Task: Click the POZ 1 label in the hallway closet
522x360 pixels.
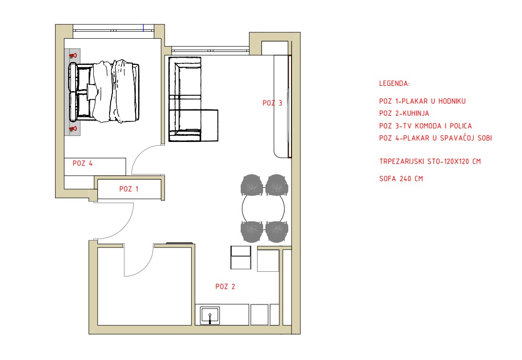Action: coord(129,189)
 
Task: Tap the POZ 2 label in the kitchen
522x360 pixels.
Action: coord(225,286)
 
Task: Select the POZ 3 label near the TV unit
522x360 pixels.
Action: coord(272,103)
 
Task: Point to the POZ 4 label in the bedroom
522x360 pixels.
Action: coord(83,163)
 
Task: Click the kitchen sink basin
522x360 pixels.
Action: coord(210,315)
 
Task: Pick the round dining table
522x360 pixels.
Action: coord(263,209)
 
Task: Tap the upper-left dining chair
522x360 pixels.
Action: coord(252,184)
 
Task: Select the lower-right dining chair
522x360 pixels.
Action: coord(277,232)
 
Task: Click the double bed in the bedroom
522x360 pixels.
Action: coord(104,92)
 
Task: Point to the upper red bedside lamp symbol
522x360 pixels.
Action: coord(73,56)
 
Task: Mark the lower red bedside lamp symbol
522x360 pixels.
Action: coord(73,129)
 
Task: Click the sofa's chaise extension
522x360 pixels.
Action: coord(210,125)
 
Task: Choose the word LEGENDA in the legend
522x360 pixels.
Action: coord(395,83)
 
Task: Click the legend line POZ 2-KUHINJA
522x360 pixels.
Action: coord(404,113)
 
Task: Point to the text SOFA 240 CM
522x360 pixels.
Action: coord(401,179)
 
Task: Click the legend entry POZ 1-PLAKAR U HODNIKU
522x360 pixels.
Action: coord(423,101)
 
